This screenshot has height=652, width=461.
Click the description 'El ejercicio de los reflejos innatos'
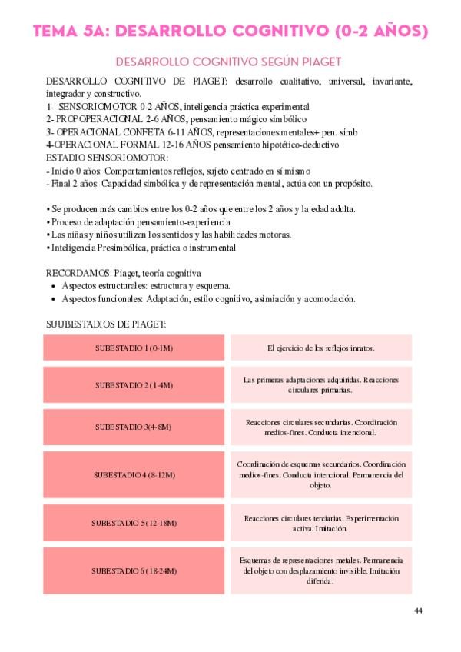[x=320, y=348]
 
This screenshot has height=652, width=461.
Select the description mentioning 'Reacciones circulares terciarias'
[x=320, y=523]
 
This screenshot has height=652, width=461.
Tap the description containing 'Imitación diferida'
[x=320, y=571]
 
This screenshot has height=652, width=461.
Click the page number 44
[x=418, y=610]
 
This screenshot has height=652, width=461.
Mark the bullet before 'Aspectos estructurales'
[x=53, y=286]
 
